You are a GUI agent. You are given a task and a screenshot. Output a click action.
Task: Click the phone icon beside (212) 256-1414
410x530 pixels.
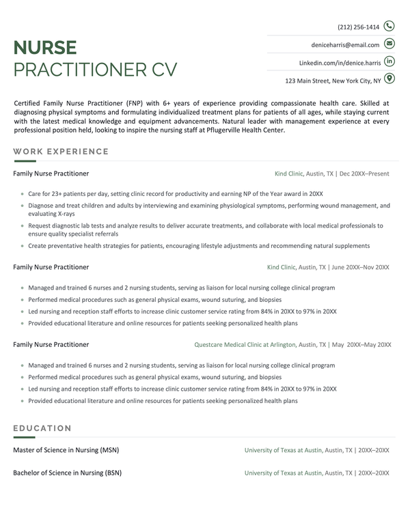[x=389, y=27]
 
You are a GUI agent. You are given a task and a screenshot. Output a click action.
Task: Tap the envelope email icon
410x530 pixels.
[x=389, y=44]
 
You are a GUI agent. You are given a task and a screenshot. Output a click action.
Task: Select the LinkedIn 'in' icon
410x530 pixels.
[x=389, y=62]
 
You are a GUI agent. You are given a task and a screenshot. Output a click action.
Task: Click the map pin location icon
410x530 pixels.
[x=389, y=80]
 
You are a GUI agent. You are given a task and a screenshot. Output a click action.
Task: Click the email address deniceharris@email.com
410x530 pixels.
[x=345, y=45]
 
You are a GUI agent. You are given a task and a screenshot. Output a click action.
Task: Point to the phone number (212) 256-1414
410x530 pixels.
[x=358, y=27]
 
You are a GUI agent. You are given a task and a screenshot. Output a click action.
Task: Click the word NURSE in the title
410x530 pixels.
[x=45, y=48]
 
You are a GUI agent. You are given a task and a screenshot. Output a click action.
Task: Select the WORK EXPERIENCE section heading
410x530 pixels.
[x=61, y=152]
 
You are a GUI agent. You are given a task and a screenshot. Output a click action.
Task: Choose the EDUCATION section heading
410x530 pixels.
[x=42, y=428]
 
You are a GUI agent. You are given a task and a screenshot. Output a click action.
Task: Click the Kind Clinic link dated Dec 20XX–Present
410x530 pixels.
[x=288, y=174]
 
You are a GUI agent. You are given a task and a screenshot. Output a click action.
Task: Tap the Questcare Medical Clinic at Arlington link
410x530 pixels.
[x=245, y=345]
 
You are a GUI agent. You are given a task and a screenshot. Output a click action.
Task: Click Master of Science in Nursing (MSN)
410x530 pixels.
[x=66, y=451]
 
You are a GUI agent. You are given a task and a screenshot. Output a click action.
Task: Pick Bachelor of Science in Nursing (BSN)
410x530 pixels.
[x=67, y=473]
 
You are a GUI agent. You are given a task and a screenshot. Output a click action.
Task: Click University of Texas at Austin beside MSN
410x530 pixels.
[x=283, y=451]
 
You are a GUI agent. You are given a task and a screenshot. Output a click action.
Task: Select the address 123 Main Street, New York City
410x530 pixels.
[x=333, y=81]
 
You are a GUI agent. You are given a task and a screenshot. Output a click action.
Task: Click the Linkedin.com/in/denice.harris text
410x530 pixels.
[x=340, y=63]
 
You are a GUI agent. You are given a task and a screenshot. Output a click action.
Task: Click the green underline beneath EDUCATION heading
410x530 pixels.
[x=24, y=437]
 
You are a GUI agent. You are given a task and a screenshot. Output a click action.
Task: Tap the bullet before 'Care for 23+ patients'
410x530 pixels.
[x=23, y=194]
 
